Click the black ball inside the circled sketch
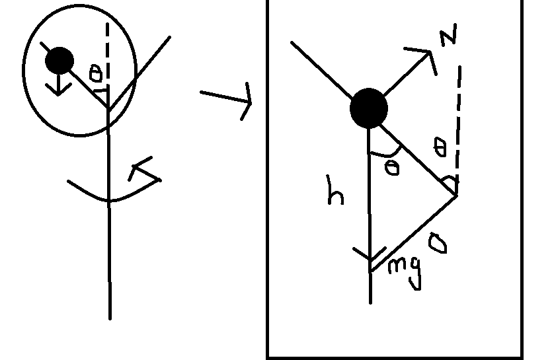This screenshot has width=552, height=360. pos(59,61)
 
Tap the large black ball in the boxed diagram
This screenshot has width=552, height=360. pos(369,108)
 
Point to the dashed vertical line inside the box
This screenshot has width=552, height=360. pos(458,119)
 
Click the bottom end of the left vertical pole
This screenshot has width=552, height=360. pos(110,316)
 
